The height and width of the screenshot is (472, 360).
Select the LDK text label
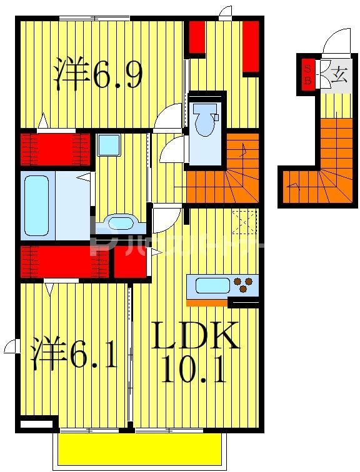pos(196,336)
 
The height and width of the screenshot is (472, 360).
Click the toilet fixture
pos(204,120)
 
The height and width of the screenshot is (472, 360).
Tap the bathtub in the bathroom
pos(36,204)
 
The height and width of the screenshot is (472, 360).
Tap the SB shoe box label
pos(307,75)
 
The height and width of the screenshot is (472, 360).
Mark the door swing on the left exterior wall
pos(10,345)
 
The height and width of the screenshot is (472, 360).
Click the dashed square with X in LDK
pos(244,222)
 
